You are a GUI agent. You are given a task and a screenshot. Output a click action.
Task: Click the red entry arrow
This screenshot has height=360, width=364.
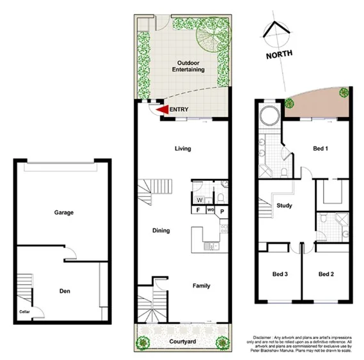coord(162,110)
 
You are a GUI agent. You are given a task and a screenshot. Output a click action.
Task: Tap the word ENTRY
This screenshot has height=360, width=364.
coord(179,110)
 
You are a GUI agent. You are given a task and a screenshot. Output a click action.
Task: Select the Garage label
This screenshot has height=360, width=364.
coord(63,212)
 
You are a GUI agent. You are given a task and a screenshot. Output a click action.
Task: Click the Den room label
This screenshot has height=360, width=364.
coord(64,292)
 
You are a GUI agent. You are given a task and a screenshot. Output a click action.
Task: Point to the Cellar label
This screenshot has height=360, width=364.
coord(25,311)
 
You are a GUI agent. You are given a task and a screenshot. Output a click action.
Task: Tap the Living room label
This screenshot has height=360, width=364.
coord(183,148)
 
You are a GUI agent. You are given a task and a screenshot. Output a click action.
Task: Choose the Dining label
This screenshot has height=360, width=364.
coord(161,230)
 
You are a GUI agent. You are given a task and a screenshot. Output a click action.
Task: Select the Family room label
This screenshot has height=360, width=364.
coord(202,286)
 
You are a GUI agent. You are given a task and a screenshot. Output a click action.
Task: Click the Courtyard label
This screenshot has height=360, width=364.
coord(182,343)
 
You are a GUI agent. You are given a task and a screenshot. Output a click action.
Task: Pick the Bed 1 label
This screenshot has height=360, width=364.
coord(320,148)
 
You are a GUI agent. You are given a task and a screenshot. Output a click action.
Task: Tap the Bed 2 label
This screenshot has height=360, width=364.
coord(327,274)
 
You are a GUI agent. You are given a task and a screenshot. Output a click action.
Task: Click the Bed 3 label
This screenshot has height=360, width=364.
coord(280,274)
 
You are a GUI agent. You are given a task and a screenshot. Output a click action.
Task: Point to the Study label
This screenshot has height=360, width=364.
coord(284,206)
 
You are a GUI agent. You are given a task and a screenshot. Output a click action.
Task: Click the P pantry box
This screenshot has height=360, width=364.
coord(221,210)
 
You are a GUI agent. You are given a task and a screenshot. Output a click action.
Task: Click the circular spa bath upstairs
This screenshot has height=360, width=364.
coord(268,117)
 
